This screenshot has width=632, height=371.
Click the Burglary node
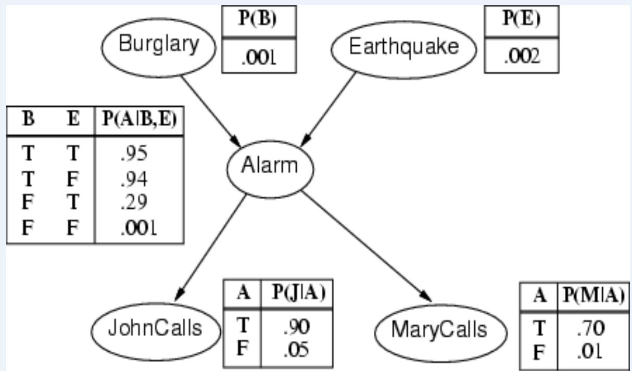click(x=158, y=45)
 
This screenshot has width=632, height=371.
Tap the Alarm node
click(x=270, y=167)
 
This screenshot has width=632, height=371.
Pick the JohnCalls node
click(x=155, y=329)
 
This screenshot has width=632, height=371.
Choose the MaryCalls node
click(x=440, y=329)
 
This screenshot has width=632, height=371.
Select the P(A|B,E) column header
click(x=138, y=120)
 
